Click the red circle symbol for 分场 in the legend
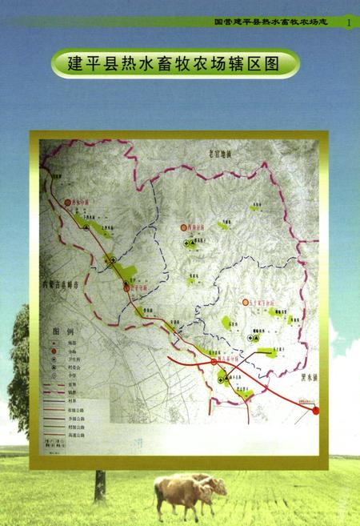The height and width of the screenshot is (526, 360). pyautogui.click(x=54, y=351)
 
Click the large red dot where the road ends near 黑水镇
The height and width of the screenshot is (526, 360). pyautogui.click(x=315, y=411)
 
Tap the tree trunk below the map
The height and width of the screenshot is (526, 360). pyautogui.click(x=100, y=485)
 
